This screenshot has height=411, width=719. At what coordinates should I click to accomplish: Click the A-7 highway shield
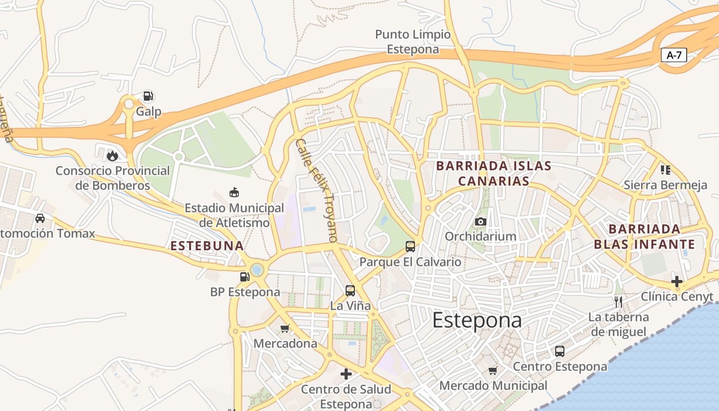coord(674,55)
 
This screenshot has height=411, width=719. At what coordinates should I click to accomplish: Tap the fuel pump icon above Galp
coord(148,96)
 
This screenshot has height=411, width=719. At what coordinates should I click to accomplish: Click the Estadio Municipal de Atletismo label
coord(234,215)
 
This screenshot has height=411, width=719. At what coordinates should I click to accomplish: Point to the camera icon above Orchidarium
coord(481,221)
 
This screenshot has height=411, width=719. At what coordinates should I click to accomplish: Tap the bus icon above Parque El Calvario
coord(410,246)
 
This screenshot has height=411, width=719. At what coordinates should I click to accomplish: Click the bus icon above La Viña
coord(350,291)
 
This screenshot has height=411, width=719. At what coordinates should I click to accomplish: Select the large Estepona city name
coord(477,320)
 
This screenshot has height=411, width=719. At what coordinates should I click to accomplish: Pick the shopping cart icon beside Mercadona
coord(285,328)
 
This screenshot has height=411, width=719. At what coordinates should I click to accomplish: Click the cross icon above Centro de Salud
coord(346,373)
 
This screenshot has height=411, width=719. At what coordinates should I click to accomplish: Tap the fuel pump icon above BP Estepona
coord(245,277)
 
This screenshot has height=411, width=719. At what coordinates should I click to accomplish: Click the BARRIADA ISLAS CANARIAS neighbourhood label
coord(494,173)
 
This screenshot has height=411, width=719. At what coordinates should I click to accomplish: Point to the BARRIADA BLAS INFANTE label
coord(645,236)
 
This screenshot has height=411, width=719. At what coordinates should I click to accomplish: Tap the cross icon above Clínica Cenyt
coord(677,281)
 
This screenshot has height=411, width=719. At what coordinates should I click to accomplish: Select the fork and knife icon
coord(618,302)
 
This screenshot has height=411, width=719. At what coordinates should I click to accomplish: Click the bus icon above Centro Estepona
coord(560,351)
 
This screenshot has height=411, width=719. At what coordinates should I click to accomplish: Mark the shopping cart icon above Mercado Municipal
coord(493,370)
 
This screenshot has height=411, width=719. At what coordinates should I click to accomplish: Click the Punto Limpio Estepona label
coord(413,42)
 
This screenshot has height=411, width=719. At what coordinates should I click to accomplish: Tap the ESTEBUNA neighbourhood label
coord(207,246)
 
